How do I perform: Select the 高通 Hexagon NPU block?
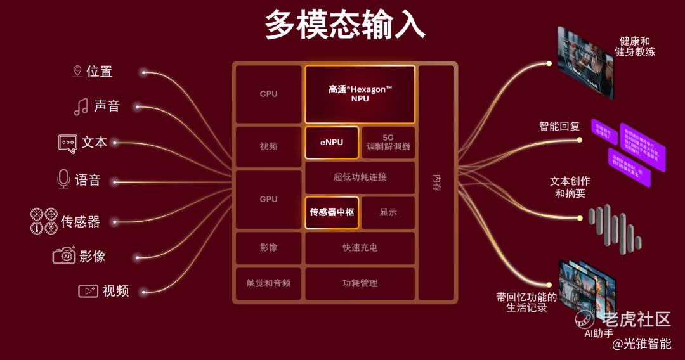(360, 94)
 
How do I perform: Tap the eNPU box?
(332, 143)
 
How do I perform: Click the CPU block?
(268, 94)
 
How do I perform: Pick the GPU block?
(268, 199)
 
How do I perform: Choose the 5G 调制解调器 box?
(388, 143)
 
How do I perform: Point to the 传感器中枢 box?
(332, 212)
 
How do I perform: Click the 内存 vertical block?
(436, 183)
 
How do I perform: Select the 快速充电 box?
(360, 248)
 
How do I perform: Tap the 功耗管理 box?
(360, 283)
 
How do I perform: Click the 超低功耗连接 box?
(360, 177)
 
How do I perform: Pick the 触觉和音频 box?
(268, 283)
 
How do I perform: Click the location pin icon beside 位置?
(77, 71)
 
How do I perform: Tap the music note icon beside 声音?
(81, 106)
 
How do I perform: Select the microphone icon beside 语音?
(63, 179)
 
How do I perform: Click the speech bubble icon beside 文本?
(67, 143)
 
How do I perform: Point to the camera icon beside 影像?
(64, 255)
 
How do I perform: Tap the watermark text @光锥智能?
(641, 344)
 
